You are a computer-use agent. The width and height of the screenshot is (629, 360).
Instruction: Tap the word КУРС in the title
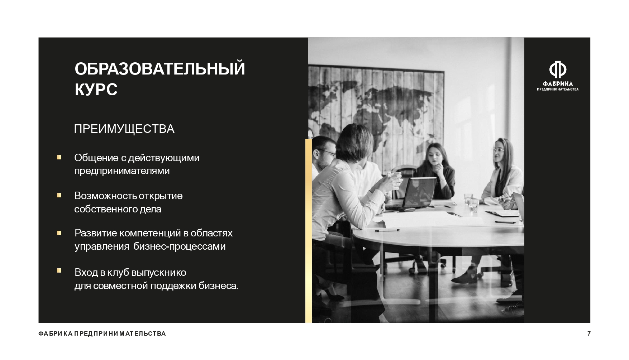96,90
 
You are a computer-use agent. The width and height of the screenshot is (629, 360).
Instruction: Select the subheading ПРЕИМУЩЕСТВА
124,129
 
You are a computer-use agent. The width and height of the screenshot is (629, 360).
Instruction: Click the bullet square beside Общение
59,157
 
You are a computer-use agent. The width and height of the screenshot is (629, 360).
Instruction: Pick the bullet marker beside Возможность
59,195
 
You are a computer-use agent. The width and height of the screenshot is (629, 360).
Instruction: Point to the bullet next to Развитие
59,233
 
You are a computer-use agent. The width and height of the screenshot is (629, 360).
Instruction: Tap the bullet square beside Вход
59,271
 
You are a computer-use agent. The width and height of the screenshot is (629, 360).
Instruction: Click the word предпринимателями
122,171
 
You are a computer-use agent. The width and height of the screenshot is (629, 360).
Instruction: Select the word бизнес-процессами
180,247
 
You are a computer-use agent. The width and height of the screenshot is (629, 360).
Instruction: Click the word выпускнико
159,273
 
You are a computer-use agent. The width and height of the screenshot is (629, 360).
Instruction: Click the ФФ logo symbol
558,70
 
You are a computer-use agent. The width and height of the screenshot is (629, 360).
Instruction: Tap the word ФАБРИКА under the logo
558,84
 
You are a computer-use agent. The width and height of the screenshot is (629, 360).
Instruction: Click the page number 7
589,334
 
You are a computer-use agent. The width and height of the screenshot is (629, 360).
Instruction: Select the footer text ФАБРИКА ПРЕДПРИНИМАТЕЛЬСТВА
102,334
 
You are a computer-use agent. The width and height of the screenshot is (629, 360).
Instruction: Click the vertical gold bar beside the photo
308,231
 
